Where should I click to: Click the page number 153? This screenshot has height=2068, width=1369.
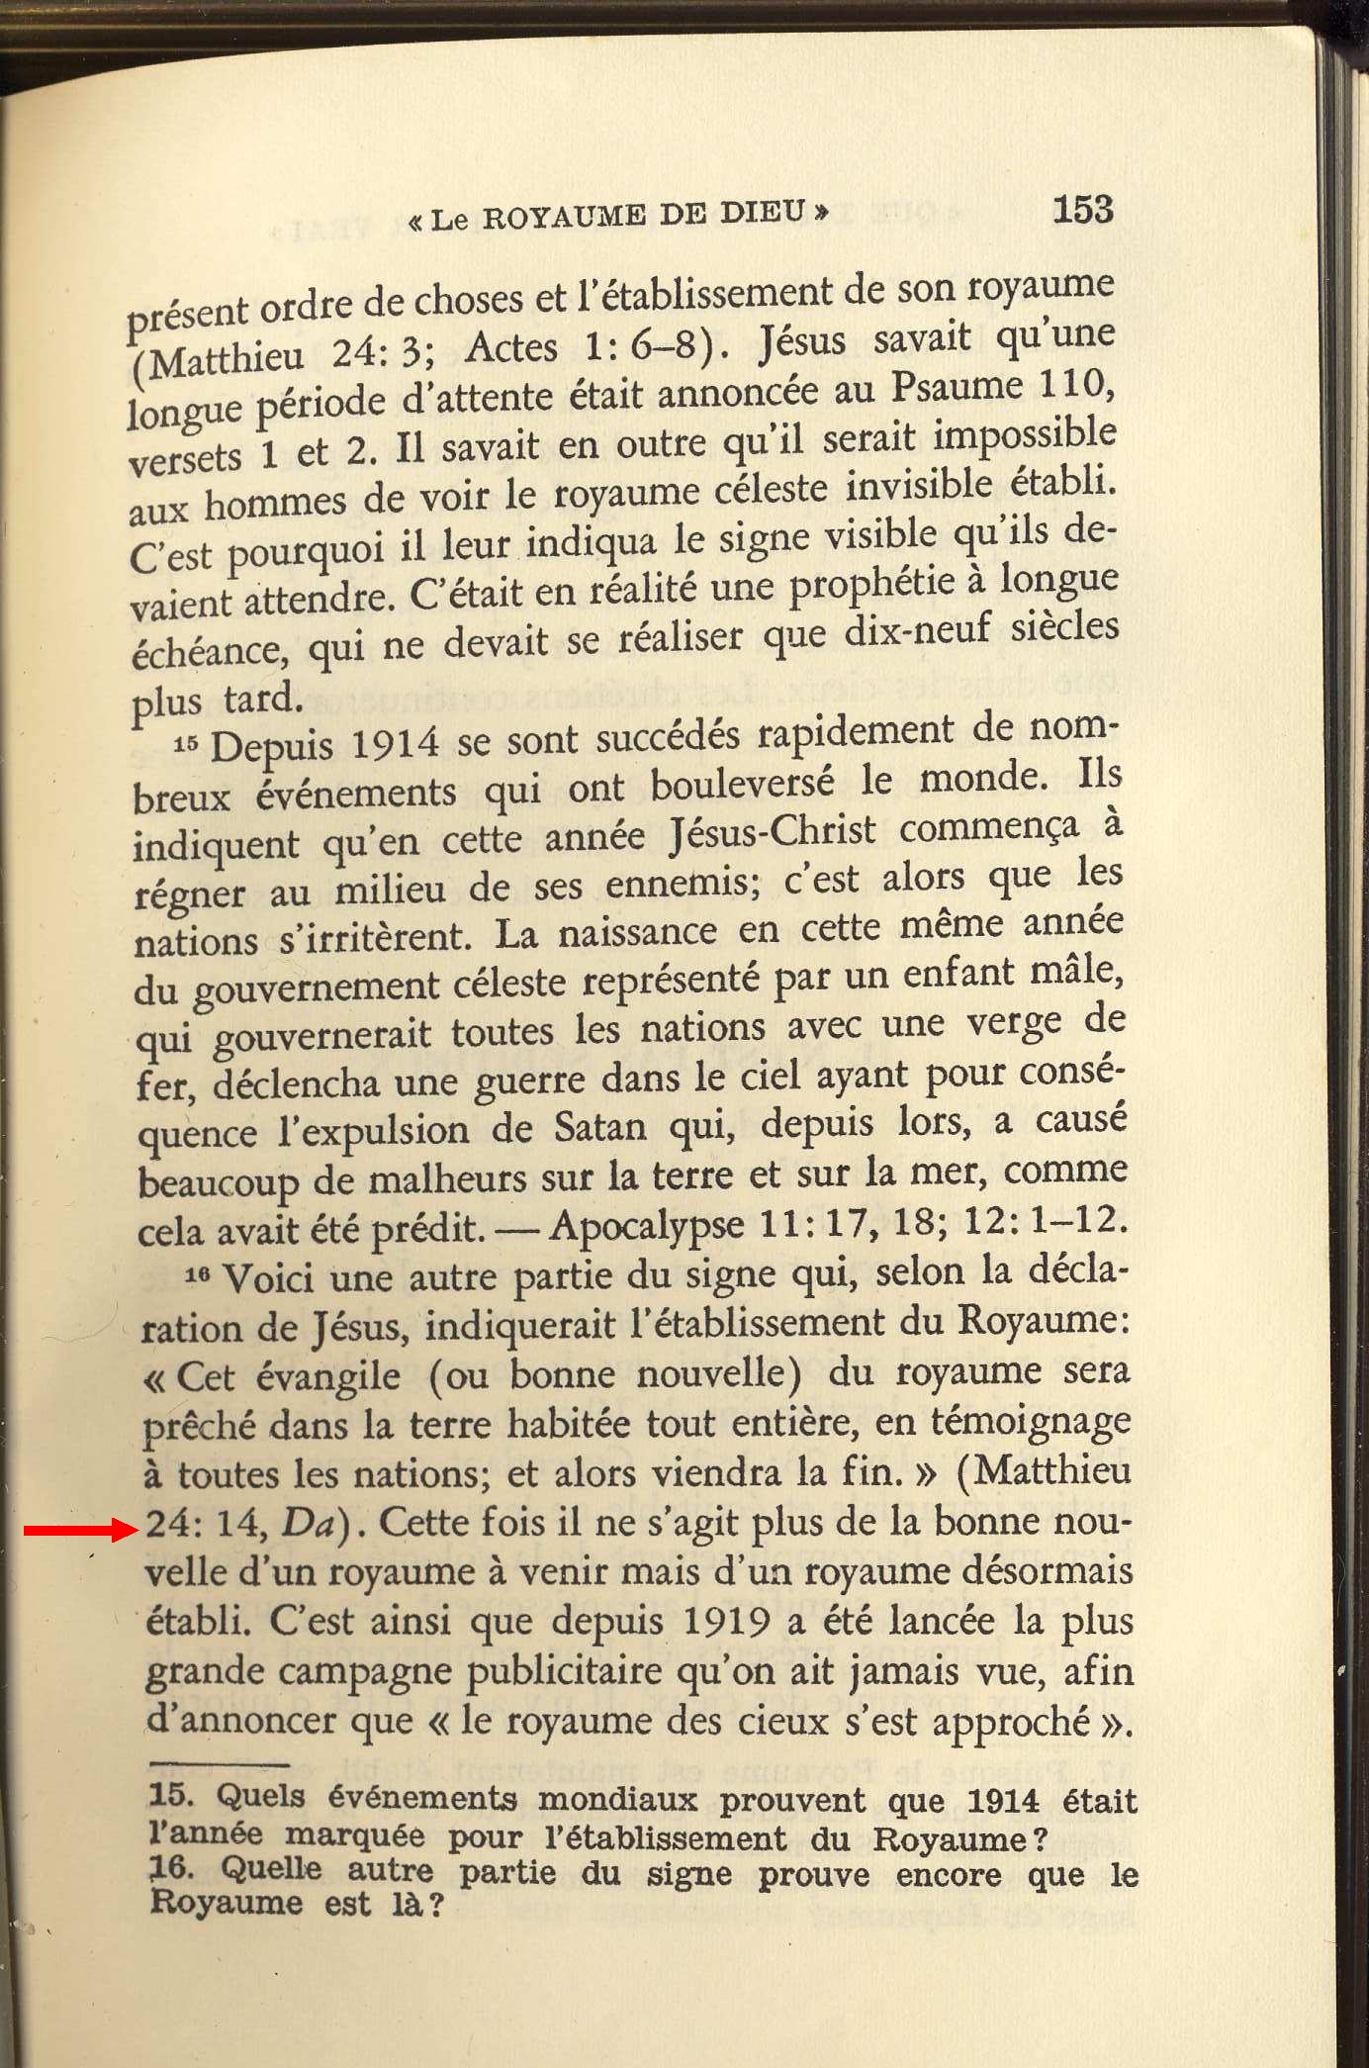[x=1082, y=210]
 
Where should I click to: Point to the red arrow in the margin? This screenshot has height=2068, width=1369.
[x=80, y=1531]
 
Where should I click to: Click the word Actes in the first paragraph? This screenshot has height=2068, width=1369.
[x=511, y=348]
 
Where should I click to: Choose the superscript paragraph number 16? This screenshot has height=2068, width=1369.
[x=199, y=1277]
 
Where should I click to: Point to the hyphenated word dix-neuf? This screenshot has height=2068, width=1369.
[x=917, y=634]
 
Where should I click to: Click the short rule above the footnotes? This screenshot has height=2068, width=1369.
[x=219, y=1764]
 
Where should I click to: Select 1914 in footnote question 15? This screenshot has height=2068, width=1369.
[x=1003, y=1801]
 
